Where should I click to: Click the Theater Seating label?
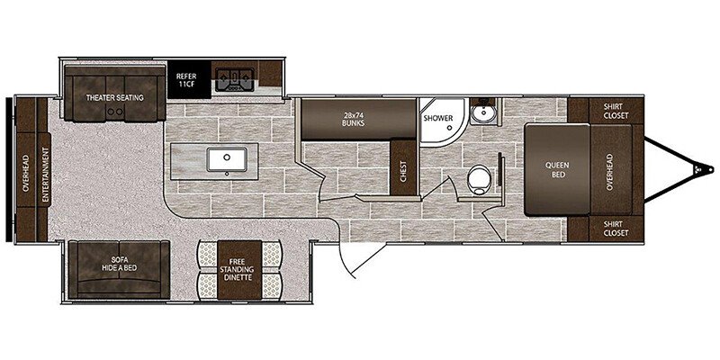pyautogui.click(x=115, y=97)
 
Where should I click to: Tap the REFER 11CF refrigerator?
pyautogui.click(x=189, y=79)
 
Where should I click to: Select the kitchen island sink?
pyautogui.click(x=227, y=160)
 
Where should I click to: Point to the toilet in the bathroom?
pyautogui.click(x=479, y=178)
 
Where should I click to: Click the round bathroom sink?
pyautogui.click(x=481, y=113)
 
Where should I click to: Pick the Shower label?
pyautogui.click(x=438, y=118)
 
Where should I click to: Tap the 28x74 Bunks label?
pyautogui.click(x=353, y=120)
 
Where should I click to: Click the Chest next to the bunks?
pyautogui.click(x=403, y=167)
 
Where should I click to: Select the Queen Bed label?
pyautogui.click(x=557, y=170)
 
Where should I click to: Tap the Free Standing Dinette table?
pyautogui.click(x=239, y=270)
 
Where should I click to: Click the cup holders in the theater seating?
pyautogui.click(x=115, y=111)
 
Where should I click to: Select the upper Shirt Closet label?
pyautogui.click(x=616, y=110)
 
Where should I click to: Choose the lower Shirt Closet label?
pyautogui.click(x=616, y=229)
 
